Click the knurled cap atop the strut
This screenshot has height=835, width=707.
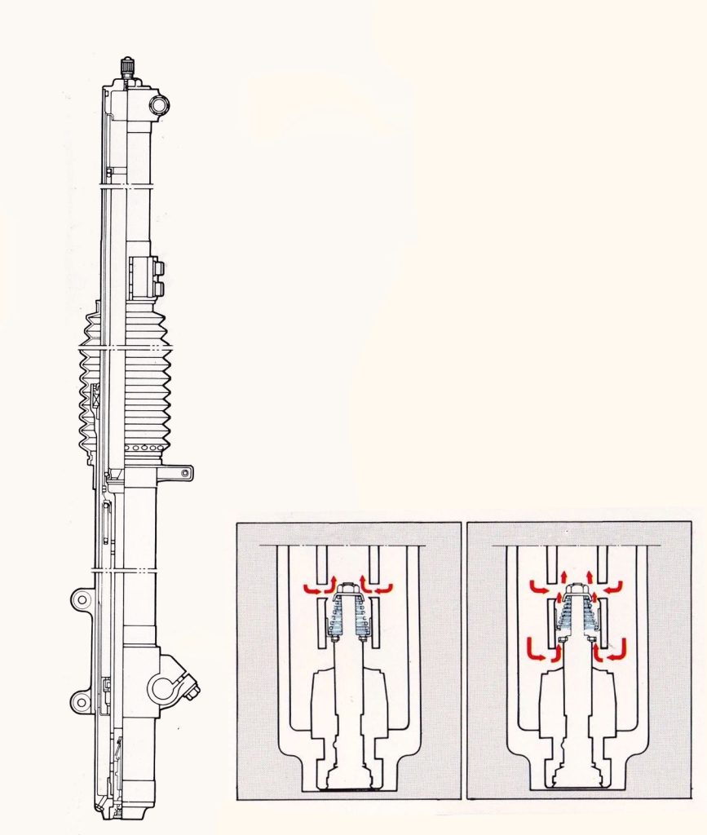coord(127,66)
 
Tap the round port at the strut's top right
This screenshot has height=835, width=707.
coord(158,104)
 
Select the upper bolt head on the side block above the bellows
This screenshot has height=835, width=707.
coord(158,268)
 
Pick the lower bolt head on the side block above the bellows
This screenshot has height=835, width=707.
coord(158,288)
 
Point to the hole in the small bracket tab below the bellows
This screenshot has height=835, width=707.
coord(187,471)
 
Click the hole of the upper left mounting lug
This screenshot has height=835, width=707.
coord(81,601)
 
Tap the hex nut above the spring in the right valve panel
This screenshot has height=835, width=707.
coord(577,588)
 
